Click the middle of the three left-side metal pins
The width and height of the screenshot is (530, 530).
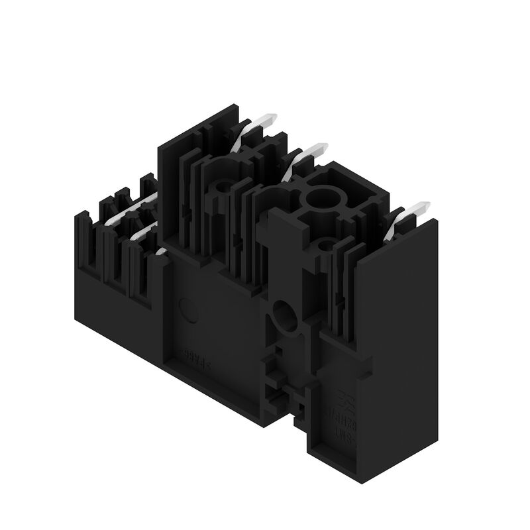(x=142, y=232)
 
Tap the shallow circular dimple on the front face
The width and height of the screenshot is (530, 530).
(x=187, y=309)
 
